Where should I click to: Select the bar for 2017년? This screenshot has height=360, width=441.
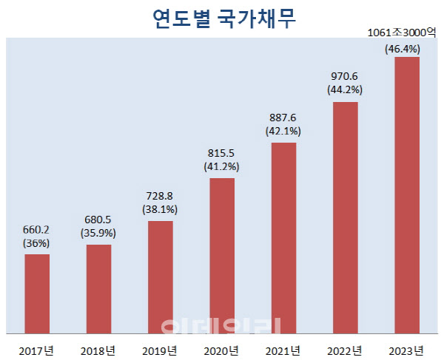point(37,294)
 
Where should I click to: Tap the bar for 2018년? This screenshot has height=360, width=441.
point(98,289)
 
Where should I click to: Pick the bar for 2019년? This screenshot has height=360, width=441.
point(161,277)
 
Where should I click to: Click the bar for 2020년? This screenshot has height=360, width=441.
point(222,256)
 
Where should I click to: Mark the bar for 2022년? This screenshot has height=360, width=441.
point(346,217)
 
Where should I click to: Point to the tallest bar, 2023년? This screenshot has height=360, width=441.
point(407,195)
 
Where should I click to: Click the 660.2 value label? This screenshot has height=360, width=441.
point(37,229)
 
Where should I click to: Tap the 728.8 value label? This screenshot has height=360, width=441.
point(161,196)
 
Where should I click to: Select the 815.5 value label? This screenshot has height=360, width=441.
point(222,154)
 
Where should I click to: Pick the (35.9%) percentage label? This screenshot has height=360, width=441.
point(98,233)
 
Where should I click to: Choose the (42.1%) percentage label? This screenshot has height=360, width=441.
point(283,132)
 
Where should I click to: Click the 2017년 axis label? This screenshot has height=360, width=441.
point(37,349)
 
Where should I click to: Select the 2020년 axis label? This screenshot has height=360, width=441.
point(222,349)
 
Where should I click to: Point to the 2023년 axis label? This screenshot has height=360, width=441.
point(407,349)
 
